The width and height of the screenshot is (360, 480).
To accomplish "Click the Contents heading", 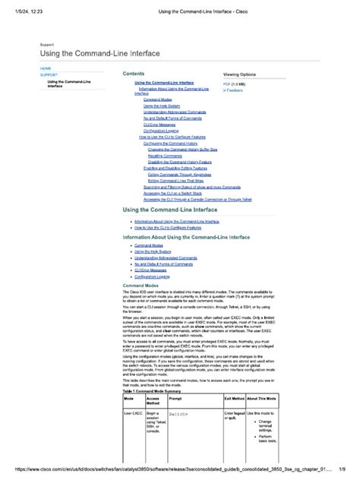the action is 134,74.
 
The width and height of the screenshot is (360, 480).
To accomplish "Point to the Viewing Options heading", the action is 239,74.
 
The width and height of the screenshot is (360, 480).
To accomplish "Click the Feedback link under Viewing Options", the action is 235,90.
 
